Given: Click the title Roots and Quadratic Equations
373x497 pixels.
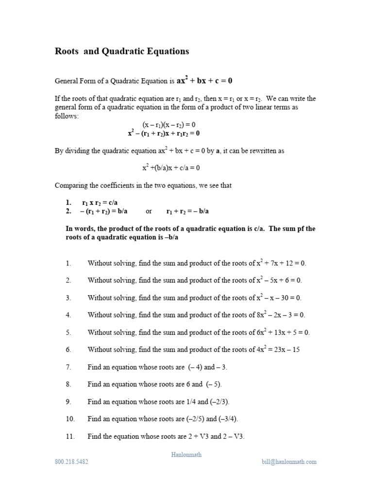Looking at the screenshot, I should (122, 51).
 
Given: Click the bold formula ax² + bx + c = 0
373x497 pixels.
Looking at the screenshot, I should (204, 81).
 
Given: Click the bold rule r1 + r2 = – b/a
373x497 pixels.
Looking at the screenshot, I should (187, 211).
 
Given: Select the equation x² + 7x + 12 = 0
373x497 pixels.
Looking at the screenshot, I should (281, 263).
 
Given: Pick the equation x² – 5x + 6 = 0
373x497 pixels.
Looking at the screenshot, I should (279, 281).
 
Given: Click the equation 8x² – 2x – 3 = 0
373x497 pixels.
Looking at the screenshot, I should (281, 315).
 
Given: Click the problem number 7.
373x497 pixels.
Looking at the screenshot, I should (68, 367).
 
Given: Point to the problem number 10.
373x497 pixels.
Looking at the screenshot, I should (70, 419).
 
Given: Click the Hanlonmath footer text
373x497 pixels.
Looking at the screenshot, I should (186, 455).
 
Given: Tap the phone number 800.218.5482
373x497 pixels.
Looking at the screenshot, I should (71, 462).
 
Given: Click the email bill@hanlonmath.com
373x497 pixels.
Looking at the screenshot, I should (288, 462).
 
